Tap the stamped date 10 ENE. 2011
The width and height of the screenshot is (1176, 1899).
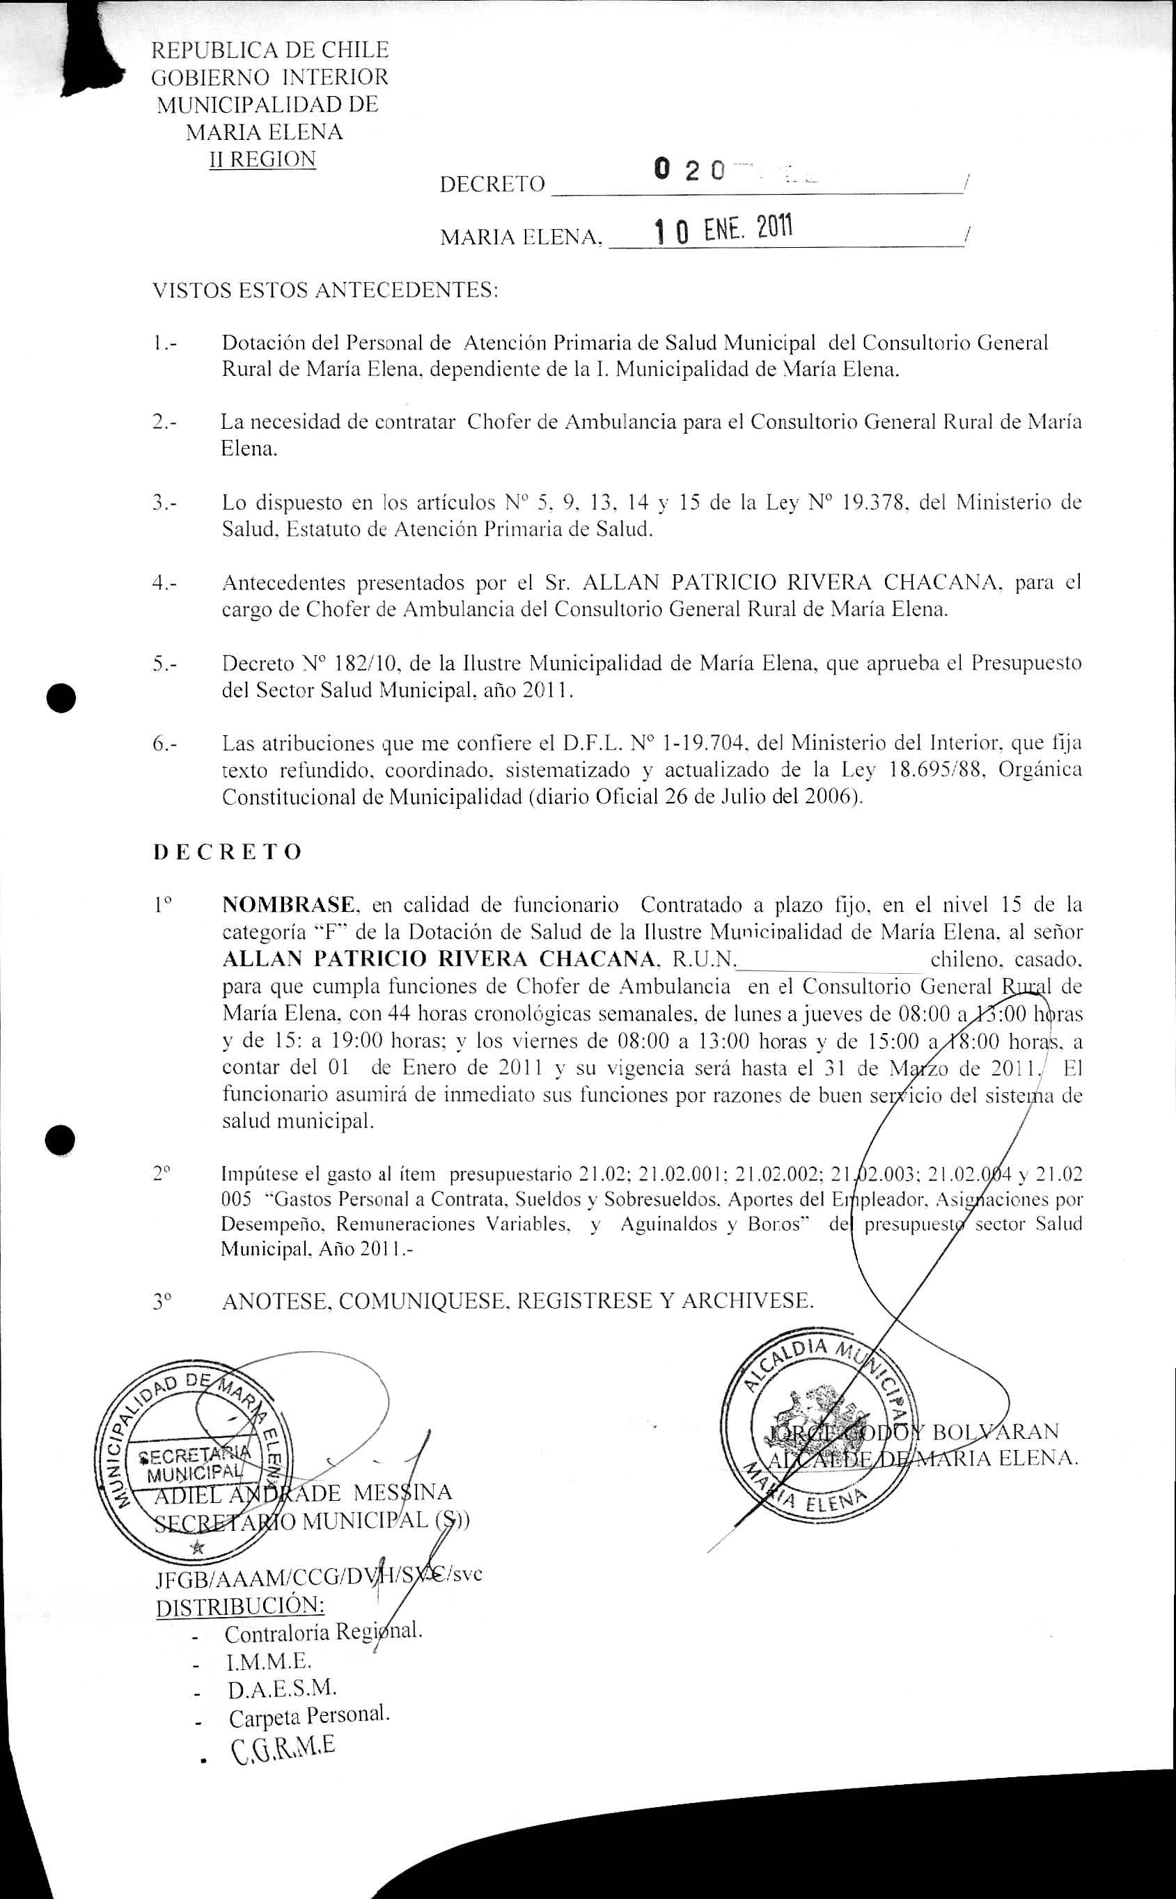[x=723, y=230]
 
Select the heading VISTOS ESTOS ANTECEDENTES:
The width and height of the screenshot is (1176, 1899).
[x=325, y=290]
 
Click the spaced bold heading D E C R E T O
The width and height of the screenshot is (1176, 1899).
[x=227, y=851]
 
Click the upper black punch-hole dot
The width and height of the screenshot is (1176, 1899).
[x=61, y=697]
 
